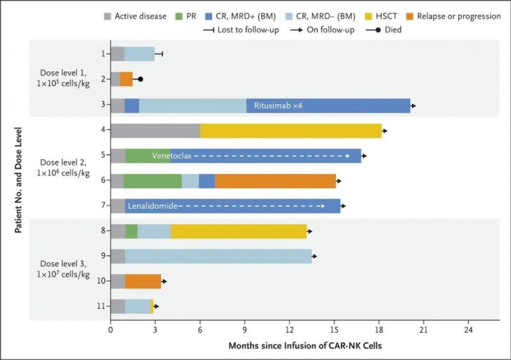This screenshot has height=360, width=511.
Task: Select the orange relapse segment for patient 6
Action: [275, 181]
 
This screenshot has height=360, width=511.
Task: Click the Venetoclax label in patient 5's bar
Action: [171, 156]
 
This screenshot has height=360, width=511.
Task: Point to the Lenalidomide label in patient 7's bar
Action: [152, 206]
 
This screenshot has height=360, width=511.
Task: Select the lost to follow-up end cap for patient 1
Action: [162, 54]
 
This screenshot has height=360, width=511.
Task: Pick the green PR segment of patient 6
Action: [153, 181]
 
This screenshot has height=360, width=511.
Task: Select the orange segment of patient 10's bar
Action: [143, 281]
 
